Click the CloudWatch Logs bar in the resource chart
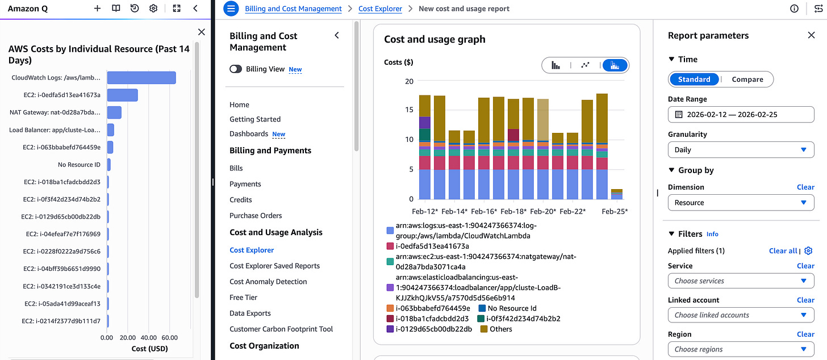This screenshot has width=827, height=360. pos(141,78)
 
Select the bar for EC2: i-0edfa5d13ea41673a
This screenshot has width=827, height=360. pos(122,95)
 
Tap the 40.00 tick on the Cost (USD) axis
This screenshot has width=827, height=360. pos(148,337)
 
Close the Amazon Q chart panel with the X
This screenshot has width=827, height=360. pos(201,32)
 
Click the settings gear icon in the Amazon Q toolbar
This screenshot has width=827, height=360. pos(153,9)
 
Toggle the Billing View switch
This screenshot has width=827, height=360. pos(236,69)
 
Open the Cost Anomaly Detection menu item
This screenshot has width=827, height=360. pos(268,282)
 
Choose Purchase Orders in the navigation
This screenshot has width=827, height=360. pos(256,216)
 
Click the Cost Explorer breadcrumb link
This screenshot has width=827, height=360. pos(380,9)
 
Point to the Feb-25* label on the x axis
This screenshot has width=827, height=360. pos(614,211)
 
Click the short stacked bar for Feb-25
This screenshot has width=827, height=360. pos(616,194)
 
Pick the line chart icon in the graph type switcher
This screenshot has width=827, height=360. pos(585,65)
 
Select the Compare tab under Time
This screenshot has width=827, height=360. pos(747,79)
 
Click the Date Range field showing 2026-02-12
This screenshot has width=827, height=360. pos(741,115)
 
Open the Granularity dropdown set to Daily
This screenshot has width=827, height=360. pos(741,150)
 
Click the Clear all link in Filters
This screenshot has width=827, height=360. pos(783,251)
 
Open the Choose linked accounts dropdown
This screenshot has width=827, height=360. pos(741,315)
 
